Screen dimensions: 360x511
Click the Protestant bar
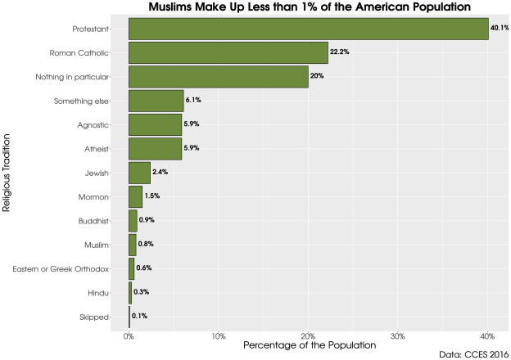pos(308,29)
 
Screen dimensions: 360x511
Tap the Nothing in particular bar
pos(218,76)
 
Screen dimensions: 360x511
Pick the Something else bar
pos(156,101)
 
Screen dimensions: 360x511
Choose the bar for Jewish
pos(139,173)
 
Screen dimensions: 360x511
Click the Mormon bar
pos(135,196)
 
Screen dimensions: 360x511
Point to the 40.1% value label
pos(500,29)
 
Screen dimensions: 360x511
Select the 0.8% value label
pos(147,244)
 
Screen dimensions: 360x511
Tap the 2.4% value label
pos(161,173)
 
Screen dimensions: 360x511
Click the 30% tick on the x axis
pos(398,336)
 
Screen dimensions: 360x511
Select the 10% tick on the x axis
pos(219,336)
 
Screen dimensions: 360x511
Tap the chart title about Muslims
pos(309,7)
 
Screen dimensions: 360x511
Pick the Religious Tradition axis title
pos(7,173)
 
